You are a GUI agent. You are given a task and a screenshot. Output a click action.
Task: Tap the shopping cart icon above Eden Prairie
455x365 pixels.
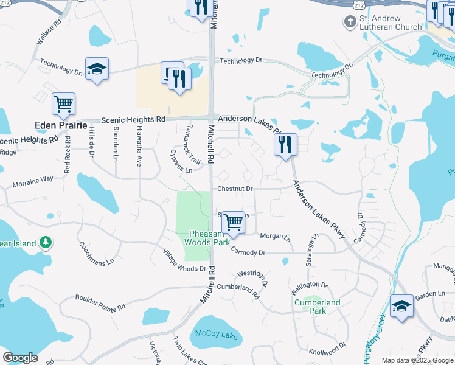point(64,104)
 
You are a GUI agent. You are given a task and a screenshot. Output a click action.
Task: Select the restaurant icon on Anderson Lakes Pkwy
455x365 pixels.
point(285,145)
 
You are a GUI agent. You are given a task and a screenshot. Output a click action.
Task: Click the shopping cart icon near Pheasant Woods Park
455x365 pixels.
point(233,223)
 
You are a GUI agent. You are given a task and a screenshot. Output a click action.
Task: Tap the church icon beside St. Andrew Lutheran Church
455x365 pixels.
point(350,23)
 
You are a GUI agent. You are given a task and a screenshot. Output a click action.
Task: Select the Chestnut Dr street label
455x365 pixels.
point(235,189)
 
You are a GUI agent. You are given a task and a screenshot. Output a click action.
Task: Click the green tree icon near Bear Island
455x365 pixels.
point(45,243)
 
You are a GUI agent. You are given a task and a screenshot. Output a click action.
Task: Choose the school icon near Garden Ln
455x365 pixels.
point(401,306)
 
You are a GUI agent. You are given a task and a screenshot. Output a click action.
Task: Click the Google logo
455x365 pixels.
point(20,358)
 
